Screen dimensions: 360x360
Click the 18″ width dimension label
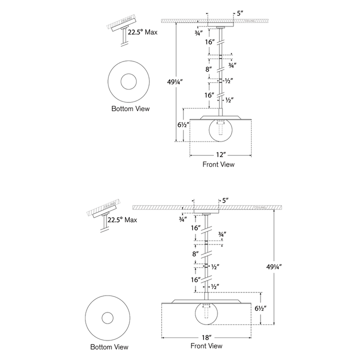(x=206, y=337)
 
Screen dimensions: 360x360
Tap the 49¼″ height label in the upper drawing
(x=175, y=81)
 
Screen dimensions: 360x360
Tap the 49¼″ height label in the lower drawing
(x=274, y=267)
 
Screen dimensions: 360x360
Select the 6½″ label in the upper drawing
(x=183, y=124)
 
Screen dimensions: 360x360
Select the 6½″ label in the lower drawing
(x=260, y=308)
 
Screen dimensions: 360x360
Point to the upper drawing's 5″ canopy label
(x=240, y=13)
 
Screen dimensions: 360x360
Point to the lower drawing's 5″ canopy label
(x=225, y=200)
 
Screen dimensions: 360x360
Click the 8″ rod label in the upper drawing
(x=208, y=69)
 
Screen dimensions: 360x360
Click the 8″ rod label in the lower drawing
(x=195, y=254)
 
